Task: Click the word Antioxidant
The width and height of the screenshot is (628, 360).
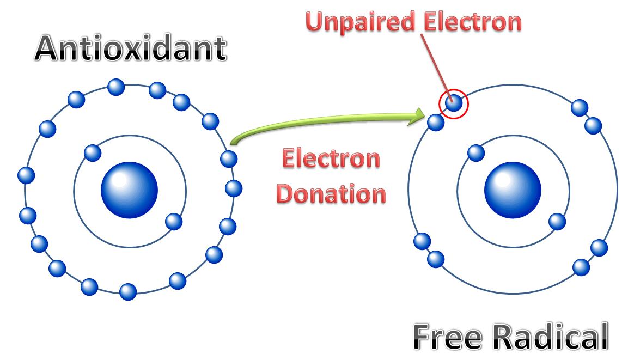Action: [130, 49]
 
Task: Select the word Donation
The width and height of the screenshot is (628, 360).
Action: [331, 194]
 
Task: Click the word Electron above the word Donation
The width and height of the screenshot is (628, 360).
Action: [331, 159]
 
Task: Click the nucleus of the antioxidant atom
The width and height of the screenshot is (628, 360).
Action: [130, 190]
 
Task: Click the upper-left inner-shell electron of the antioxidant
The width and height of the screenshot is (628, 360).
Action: [93, 153]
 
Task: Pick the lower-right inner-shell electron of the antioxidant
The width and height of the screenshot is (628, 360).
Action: [174, 221]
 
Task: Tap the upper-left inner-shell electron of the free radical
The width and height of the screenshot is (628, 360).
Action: [476, 153]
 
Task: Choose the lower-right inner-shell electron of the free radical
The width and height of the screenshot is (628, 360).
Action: [557, 221]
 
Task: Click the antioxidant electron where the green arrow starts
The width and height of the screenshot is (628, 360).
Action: [229, 159]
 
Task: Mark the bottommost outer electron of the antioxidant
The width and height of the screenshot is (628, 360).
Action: [128, 292]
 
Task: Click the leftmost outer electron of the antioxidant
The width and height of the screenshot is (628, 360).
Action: [26, 175]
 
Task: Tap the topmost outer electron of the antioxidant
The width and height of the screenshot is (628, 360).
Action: [116, 87]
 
